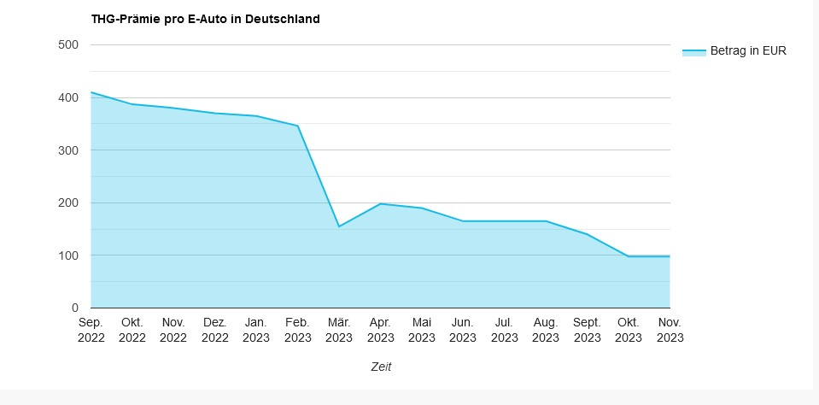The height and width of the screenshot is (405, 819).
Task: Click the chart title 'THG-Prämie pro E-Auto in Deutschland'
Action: point(205,19)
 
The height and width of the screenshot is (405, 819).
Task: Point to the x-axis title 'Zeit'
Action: point(381,367)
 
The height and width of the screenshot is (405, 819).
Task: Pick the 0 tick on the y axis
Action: point(74,308)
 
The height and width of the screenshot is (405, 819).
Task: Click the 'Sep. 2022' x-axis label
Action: point(91,330)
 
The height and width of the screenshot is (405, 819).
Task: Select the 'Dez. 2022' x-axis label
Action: point(214,330)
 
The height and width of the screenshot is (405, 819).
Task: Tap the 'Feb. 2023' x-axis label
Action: point(297,330)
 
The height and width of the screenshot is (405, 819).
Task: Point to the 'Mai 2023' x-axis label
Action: point(422,330)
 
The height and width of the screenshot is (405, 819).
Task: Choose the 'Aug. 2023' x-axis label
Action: point(546,330)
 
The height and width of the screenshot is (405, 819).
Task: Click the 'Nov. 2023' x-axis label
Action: point(670,330)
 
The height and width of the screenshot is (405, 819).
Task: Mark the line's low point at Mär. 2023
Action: point(339,226)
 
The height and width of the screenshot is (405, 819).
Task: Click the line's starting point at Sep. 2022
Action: point(91,92)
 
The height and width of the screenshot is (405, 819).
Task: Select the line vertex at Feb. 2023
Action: point(297,126)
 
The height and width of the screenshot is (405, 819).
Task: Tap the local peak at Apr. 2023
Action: point(380,203)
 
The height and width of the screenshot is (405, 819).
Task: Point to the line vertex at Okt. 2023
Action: point(629,256)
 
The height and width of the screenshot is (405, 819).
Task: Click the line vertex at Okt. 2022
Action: point(132,104)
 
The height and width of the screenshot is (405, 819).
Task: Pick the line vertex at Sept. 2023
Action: point(587,234)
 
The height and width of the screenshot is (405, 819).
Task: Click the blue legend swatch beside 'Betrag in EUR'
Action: point(693,52)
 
